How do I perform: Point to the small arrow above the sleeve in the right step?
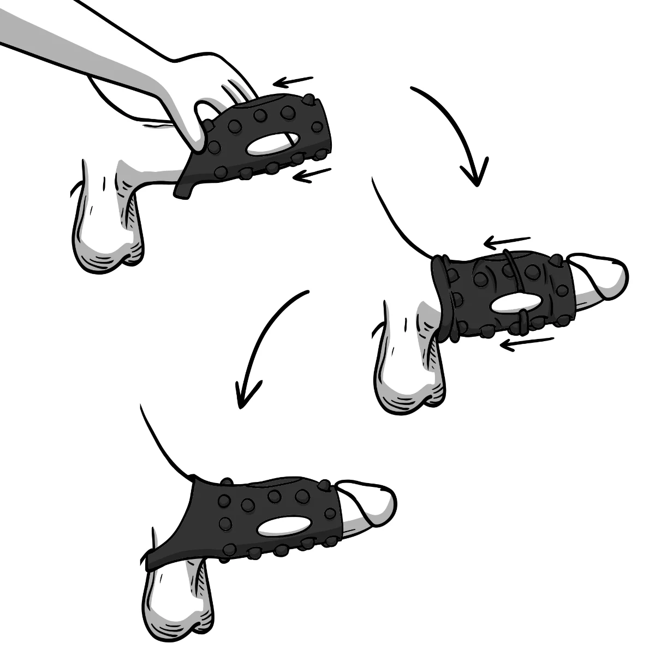[x=508, y=240]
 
